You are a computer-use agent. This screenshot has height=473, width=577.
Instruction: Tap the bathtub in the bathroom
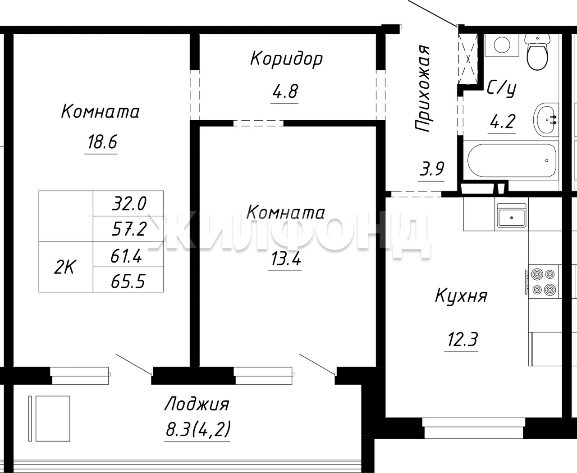click(x=512, y=160)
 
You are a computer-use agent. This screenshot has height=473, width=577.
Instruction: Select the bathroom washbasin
click(x=546, y=120)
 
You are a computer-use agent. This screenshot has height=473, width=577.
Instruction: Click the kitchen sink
click(x=511, y=215)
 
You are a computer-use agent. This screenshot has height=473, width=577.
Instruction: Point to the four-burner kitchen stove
click(x=544, y=282)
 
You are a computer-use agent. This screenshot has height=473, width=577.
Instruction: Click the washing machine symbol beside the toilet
click(x=502, y=45)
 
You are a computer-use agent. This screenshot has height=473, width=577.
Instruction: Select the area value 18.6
click(x=102, y=142)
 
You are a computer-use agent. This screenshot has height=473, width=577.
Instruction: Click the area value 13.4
click(x=286, y=259)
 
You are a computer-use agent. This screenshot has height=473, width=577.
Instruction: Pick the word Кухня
click(x=461, y=296)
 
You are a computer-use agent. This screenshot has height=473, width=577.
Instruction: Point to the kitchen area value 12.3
click(x=463, y=339)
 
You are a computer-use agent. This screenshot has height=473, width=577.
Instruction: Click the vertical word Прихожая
click(x=422, y=89)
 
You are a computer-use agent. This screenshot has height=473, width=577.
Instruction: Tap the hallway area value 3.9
click(x=432, y=168)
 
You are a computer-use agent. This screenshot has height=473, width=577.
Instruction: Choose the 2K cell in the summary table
click(x=64, y=267)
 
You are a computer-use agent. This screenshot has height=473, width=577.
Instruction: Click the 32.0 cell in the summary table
click(x=128, y=204)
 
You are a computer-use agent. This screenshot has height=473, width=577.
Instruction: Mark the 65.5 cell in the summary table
click(x=128, y=281)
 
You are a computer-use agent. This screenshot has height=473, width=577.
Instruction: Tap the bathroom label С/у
click(x=502, y=89)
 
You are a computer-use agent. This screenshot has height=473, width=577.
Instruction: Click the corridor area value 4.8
click(x=285, y=91)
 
